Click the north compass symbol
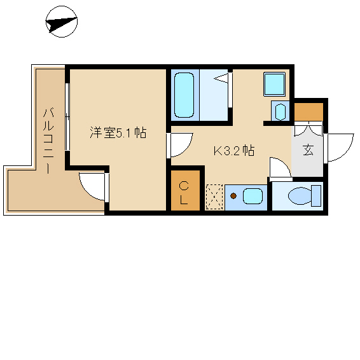(62, 22)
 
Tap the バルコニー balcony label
(48, 141)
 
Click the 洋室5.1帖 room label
(118, 132)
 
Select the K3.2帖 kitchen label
(234, 151)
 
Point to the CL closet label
(184, 193)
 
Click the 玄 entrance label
(308, 150)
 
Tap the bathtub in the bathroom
(184, 95)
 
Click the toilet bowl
(300, 196)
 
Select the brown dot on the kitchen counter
(233, 196)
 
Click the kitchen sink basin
(253, 196)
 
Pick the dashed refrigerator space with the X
(214, 197)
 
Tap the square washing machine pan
(274, 84)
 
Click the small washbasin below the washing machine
(280, 112)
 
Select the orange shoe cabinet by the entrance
(309, 112)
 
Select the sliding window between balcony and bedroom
(67, 116)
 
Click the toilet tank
(316, 196)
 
